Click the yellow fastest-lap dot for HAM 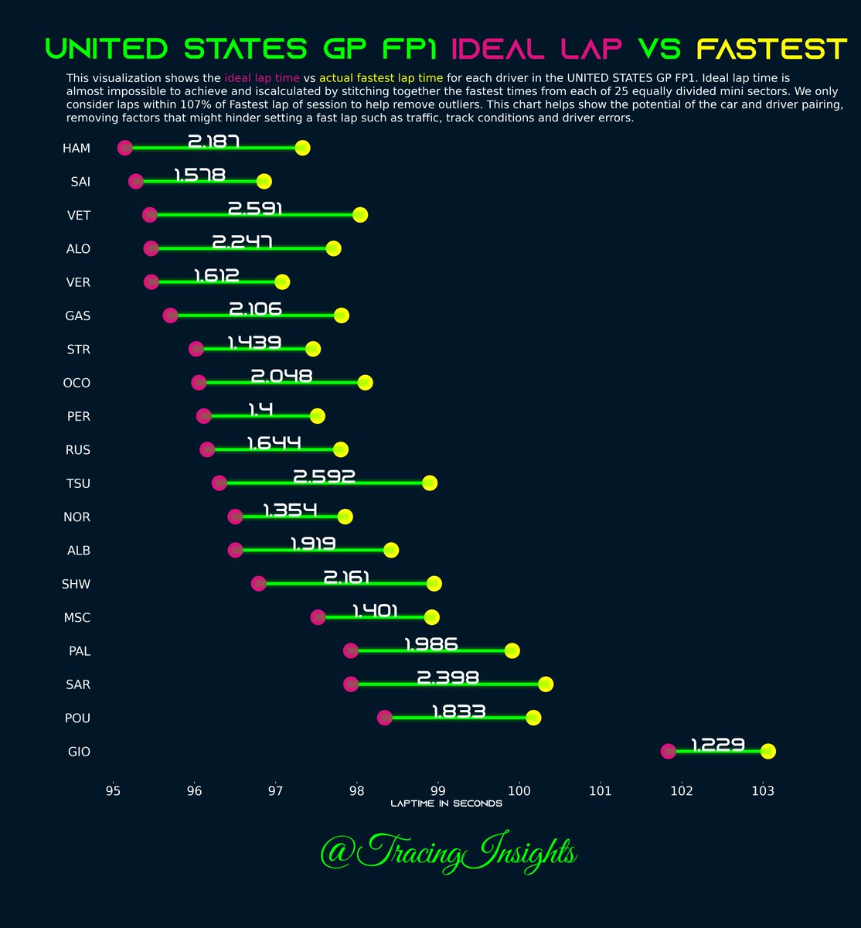click(302, 148)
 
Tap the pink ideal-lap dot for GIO click(669, 751)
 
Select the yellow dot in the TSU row click(430, 483)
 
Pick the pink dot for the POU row click(384, 718)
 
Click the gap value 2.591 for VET click(255, 209)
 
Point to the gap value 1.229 click(717, 745)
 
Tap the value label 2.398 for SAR click(448, 678)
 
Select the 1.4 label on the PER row click(260, 410)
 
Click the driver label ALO click(78, 249)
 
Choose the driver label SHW click(76, 584)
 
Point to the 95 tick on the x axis click(113, 790)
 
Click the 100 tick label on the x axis click(519, 790)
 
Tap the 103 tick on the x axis click(763, 790)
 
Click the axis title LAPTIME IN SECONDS click(446, 804)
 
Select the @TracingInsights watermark click(448, 854)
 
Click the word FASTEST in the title click(771, 49)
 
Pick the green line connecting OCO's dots click(282, 383)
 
